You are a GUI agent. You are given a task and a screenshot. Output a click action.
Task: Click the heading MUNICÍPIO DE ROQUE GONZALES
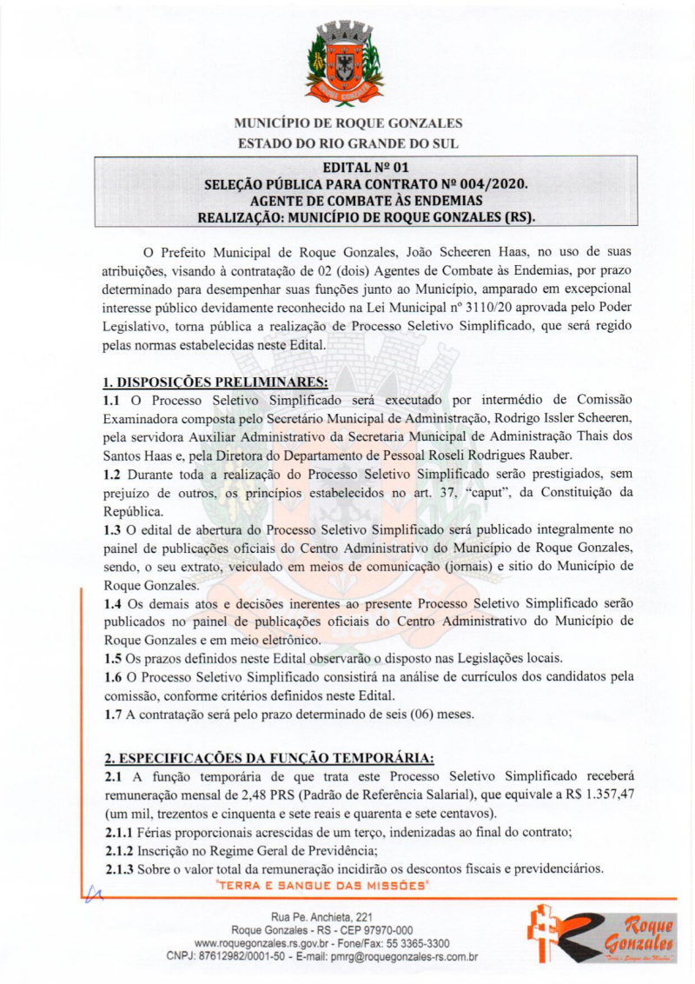click(x=347, y=123)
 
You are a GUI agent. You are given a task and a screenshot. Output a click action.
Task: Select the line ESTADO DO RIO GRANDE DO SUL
click(x=347, y=143)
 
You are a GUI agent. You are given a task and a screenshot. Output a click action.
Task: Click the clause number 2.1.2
click(x=120, y=851)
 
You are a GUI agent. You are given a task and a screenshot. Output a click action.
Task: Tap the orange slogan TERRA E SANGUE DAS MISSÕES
click(x=322, y=884)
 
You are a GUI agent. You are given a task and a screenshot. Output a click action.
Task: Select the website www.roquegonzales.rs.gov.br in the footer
click(x=267, y=943)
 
